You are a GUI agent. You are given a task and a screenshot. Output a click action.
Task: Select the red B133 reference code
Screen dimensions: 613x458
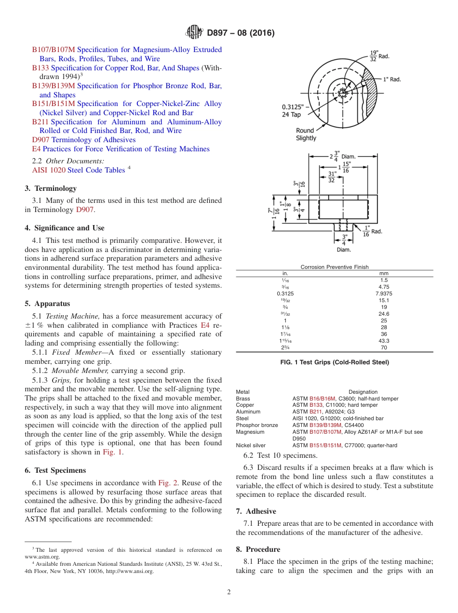(x=40, y=68)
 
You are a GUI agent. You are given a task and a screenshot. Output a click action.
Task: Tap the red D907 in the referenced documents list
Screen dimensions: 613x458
(x=40, y=140)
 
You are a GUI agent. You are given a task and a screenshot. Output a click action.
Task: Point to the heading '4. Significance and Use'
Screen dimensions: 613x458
(x=65, y=228)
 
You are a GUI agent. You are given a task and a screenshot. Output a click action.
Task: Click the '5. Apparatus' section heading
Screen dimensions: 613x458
(x=47, y=304)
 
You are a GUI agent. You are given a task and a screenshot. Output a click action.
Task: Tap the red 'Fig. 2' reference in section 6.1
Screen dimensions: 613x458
(x=168, y=483)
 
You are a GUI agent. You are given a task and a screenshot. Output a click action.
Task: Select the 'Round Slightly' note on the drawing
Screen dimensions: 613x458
(x=306, y=134)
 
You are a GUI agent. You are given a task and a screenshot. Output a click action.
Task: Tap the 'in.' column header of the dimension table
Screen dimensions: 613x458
(x=285, y=273)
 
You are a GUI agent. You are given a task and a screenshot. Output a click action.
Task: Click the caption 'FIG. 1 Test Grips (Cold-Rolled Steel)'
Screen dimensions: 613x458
(x=334, y=362)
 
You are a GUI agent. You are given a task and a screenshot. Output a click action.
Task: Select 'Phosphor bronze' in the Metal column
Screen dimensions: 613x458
(x=257, y=425)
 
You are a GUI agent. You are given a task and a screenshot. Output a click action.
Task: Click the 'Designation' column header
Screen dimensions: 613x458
(x=363, y=392)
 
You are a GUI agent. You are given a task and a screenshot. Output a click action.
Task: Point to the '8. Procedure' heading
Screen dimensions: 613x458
(x=258, y=549)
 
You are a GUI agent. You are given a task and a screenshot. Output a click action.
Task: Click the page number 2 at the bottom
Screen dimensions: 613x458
(x=229, y=592)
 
